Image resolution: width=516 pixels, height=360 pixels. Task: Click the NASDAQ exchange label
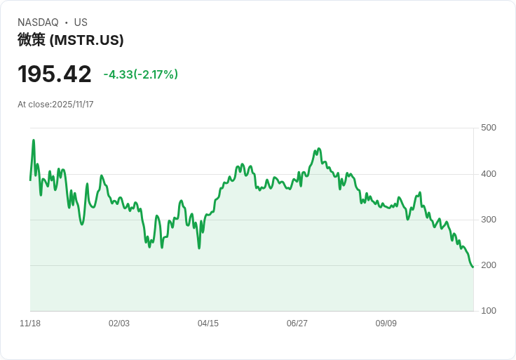pyautogui.click(x=38, y=22)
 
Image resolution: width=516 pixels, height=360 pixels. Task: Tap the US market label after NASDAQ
pyautogui.click(x=81, y=22)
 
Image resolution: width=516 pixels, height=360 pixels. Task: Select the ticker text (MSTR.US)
pyautogui.click(x=87, y=40)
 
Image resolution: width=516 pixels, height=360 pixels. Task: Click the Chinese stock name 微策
pyautogui.click(x=32, y=40)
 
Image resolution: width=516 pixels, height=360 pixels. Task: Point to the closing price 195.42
pyautogui.click(x=55, y=74)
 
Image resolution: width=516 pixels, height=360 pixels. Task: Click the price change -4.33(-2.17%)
pyautogui.click(x=140, y=74)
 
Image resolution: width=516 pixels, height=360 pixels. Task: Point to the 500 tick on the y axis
pyautogui.click(x=489, y=128)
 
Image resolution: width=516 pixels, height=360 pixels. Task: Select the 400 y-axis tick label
pyautogui.click(x=489, y=174)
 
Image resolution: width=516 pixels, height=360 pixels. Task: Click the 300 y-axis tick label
pyautogui.click(x=489, y=220)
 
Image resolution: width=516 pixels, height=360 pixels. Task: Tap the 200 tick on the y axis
pyautogui.click(x=489, y=265)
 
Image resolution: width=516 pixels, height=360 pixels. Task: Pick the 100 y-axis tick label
pyautogui.click(x=489, y=311)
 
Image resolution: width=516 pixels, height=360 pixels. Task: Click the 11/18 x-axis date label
pyautogui.click(x=30, y=324)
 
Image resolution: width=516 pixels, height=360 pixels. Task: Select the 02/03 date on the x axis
pyautogui.click(x=119, y=324)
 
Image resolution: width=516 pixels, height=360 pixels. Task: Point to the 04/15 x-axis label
pyautogui.click(x=208, y=324)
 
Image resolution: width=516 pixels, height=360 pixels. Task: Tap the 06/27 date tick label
pyautogui.click(x=297, y=324)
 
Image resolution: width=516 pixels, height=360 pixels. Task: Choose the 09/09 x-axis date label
pyautogui.click(x=386, y=324)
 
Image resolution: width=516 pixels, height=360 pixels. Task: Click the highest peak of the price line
pyautogui.click(x=34, y=140)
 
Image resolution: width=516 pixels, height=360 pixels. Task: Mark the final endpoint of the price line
pyautogui.click(x=473, y=267)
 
